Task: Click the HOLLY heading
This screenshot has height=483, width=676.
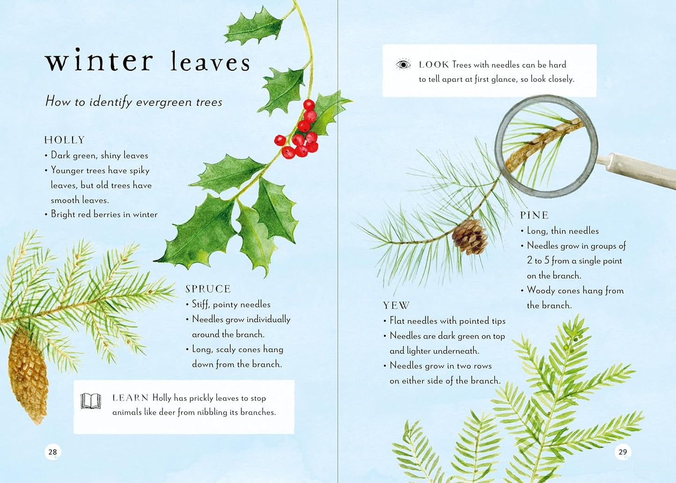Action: tap(65, 140)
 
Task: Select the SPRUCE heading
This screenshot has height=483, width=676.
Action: tap(208, 289)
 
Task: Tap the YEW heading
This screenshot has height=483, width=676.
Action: tap(396, 306)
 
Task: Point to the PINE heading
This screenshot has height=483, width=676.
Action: tap(534, 215)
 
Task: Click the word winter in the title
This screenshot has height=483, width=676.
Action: tap(99, 61)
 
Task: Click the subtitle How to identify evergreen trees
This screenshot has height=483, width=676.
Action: tap(134, 102)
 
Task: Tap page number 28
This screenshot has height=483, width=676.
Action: tap(52, 452)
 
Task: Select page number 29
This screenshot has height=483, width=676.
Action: tap(623, 452)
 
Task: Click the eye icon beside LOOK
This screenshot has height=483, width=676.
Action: tap(403, 65)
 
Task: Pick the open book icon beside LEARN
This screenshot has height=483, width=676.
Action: tap(91, 401)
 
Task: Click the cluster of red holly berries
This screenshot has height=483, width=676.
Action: tap(299, 136)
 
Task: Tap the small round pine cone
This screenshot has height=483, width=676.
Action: tap(470, 237)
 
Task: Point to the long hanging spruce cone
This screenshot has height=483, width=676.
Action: tap(28, 374)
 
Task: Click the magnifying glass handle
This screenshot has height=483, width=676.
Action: tap(636, 171)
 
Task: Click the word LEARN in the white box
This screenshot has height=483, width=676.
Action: tap(130, 398)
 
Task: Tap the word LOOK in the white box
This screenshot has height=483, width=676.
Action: tap(434, 65)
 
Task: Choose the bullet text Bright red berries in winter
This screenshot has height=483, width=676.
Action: tap(104, 214)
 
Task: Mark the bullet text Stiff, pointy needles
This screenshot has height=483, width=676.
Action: tap(231, 304)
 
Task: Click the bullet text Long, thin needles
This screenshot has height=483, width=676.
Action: tap(563, 231)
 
